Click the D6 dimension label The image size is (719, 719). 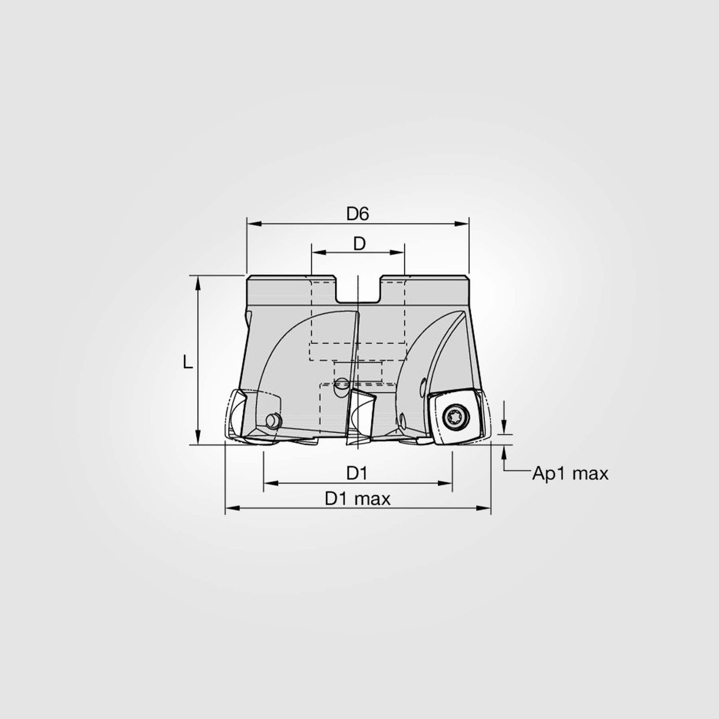tap(358, 214)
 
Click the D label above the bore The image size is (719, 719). tap(359, 244)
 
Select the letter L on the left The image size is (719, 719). tap(188, 362)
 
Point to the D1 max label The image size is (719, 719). tap(358, 499)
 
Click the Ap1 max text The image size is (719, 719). tap(570, 474)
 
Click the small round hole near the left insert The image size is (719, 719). tap(272, 420)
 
